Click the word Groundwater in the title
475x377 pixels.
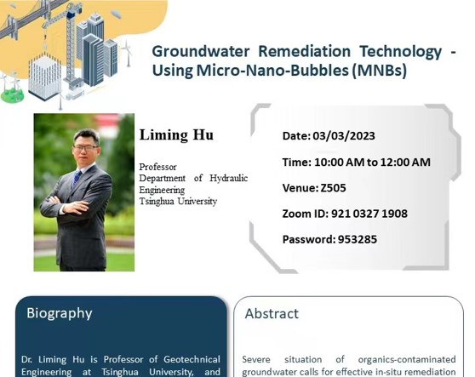tap(201, 51)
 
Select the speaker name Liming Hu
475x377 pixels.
tap(176, 135)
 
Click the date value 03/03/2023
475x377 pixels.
tap(344, 136)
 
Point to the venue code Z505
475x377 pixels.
tap(333, 188)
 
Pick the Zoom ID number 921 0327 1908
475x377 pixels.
tap(369, 214)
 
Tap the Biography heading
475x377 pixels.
tap(60, 313)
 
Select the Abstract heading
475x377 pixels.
tap(272, 313)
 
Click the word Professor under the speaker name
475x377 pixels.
tap(157, 167)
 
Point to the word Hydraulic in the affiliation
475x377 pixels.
tap(229, 179)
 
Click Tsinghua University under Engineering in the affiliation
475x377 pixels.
tap(178, 202)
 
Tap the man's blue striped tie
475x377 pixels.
tap(77, 178)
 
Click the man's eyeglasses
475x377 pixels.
tap(85, 148)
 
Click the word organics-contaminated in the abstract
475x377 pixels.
tap(407, 359)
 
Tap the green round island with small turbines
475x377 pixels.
tap(12, 95)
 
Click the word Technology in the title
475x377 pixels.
tap(401, 52)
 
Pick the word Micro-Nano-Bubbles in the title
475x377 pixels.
tap(272, 71)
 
